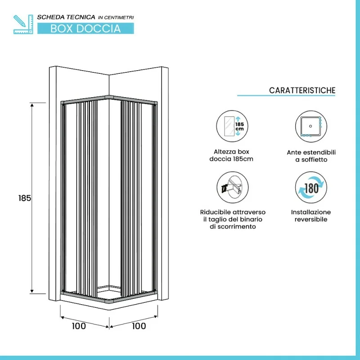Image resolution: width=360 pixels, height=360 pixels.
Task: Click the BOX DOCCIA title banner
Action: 85,28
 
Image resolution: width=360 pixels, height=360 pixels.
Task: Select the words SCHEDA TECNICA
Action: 66,17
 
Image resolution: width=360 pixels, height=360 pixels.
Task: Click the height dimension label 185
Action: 25,198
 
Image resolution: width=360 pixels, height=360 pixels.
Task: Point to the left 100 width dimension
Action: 79,326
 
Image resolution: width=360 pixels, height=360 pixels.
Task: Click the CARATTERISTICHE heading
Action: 302,90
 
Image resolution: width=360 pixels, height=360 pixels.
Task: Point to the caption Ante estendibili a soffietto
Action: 311,156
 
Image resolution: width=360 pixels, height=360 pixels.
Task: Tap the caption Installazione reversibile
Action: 311,216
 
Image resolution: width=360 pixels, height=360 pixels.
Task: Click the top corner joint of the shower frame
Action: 109,97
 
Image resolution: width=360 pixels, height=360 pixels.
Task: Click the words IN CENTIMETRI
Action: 116,17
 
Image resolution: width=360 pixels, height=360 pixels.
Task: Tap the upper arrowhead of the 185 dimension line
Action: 32,105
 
